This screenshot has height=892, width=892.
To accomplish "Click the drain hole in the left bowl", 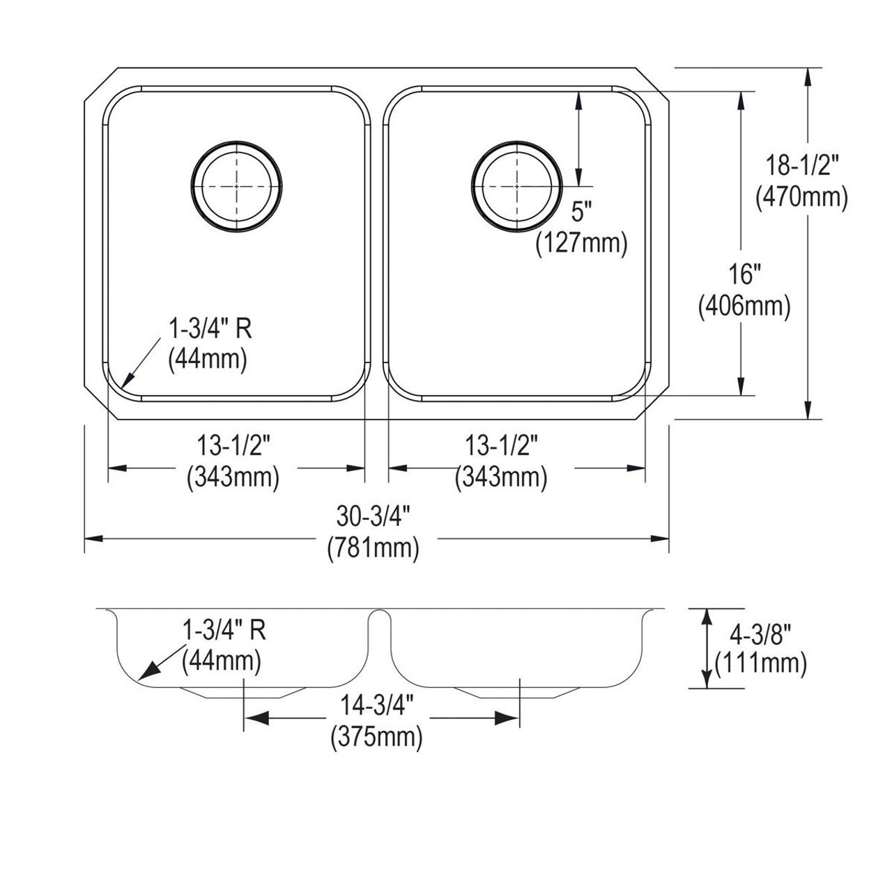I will point(237,186).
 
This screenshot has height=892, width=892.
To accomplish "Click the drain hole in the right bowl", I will point(516,186).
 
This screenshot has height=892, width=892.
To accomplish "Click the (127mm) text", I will point(581,243).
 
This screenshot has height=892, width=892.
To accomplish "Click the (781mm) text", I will point(374,549).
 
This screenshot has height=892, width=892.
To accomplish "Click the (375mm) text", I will point(376,736).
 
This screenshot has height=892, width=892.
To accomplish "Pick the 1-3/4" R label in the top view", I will point(210,328).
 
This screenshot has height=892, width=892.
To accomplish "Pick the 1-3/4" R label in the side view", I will point(224,630).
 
